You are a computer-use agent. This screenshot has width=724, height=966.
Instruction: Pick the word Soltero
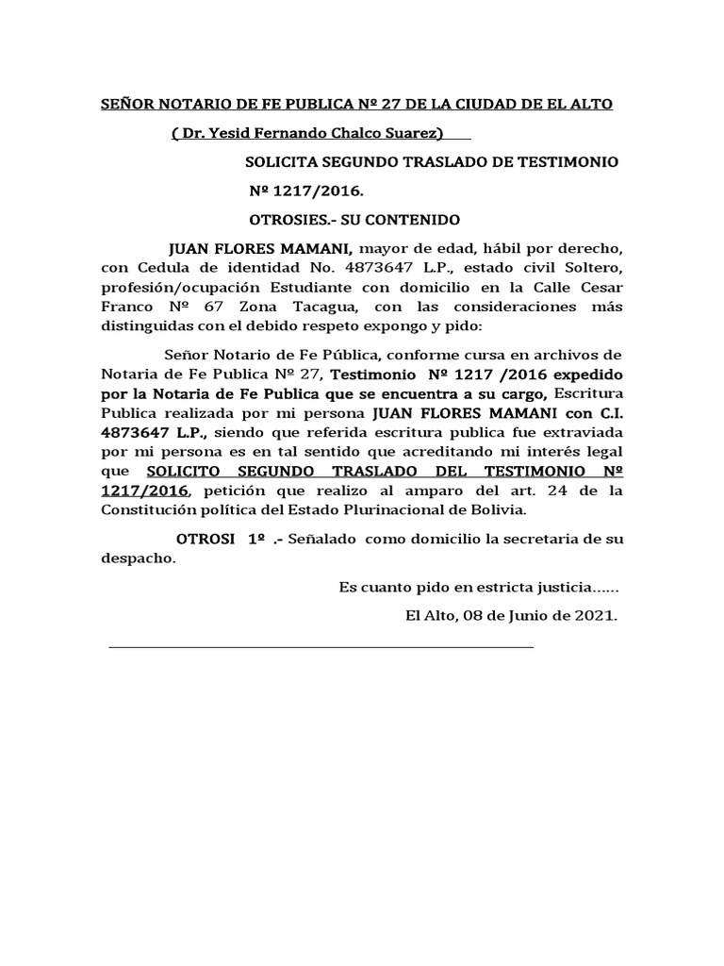[591, 268]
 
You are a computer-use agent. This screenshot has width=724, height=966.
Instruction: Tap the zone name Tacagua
[321, 307]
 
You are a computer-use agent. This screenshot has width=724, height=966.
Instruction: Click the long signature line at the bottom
[321, 647]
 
